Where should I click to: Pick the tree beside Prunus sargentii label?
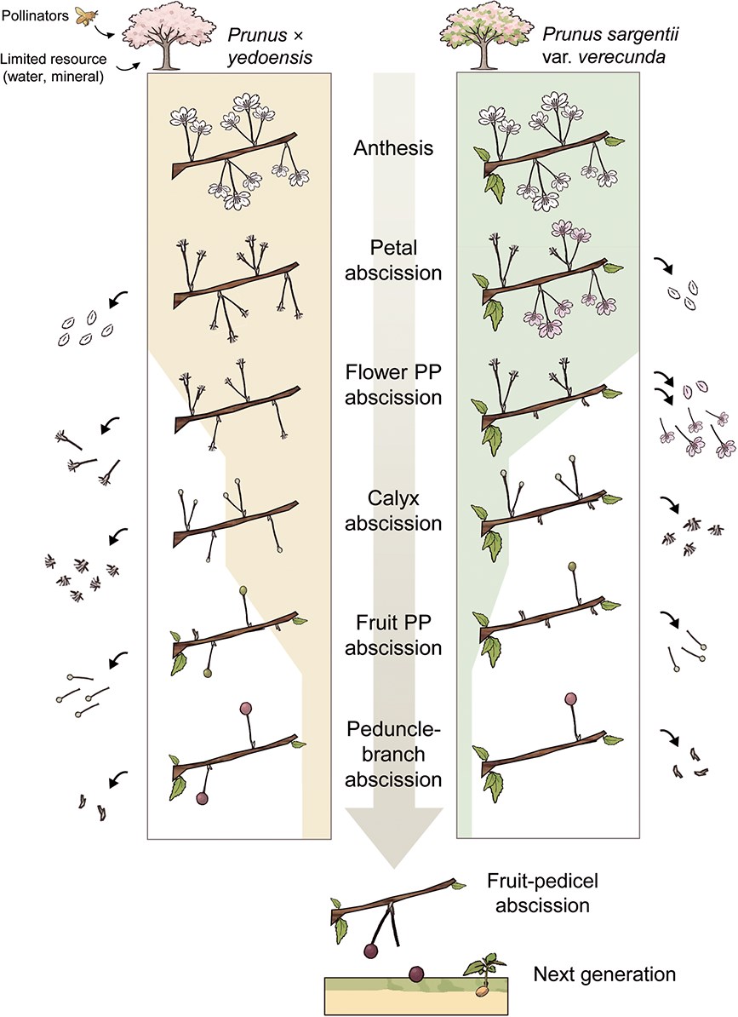(486, 35)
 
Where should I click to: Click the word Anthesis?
(395, 148)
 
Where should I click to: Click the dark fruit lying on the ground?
(416, 974)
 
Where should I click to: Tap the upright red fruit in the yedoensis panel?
(246, 708)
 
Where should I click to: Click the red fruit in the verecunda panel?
(569, 699)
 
